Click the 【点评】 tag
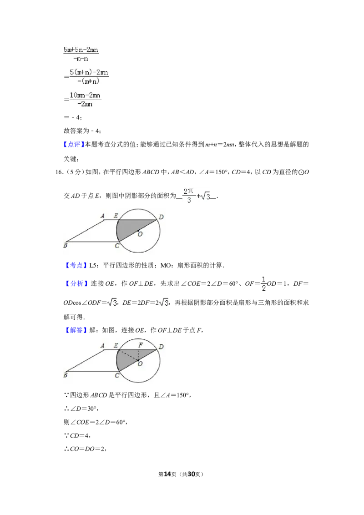74,144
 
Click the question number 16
59,172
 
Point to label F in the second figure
141,345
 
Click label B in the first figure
66,245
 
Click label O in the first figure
140,234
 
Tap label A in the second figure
102,345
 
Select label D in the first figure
161,217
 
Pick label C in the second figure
117,375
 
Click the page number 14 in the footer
167,474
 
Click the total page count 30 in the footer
191,474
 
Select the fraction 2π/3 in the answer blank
188,196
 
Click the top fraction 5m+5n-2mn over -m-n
81,54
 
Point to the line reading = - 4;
73,117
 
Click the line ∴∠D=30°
81,409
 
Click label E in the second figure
116,345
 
